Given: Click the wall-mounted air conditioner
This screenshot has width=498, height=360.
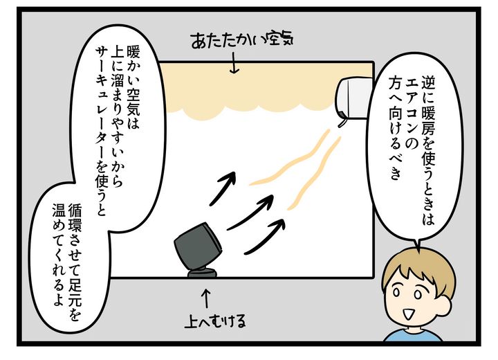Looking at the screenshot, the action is (354, 98).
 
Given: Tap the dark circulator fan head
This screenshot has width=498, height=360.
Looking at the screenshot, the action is (198, 244).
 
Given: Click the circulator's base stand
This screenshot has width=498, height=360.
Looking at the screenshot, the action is (202, 273).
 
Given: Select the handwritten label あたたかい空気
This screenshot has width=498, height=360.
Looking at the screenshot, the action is (242, 40).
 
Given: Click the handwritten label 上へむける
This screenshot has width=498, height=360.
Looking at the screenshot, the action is (216, 321).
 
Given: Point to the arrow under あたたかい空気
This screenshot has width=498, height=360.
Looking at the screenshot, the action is (234, 64).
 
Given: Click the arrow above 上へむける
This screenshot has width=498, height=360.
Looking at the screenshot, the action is (206, 298).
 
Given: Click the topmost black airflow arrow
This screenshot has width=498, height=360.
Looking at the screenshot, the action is (223, 188).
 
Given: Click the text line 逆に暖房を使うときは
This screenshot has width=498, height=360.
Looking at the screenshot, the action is (428, 150).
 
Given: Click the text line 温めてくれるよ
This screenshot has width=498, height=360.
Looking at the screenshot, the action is (59, 254).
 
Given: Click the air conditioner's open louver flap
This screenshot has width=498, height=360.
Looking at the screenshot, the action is (342, 123).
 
